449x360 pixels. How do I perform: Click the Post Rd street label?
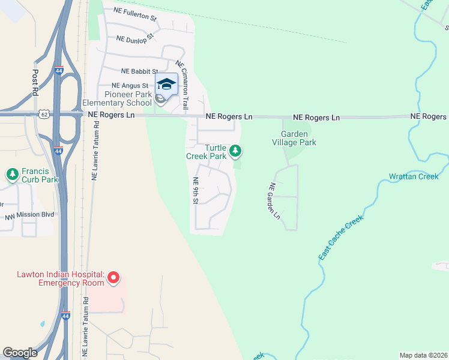[x=35, y=83]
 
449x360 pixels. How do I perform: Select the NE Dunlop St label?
[x=136, y=38]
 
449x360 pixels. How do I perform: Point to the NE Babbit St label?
[x=139, y=71]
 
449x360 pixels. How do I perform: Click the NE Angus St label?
[x=130, y=86]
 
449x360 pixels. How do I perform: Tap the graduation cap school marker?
[x=167, y=84]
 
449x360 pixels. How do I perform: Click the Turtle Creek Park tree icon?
[x=236, y=151]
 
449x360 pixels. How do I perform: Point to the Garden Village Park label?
[x=294, y=138]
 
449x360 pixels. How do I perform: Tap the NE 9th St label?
[x=195, y=191]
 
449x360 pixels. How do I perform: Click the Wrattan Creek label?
[x=414, y=176]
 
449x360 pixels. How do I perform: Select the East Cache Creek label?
[x=341, y=238]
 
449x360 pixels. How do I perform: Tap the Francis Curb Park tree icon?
[x=13, y=174]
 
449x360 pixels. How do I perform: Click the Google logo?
[x=20, y=353]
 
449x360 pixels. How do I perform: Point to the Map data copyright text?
[x=423, y=355]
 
